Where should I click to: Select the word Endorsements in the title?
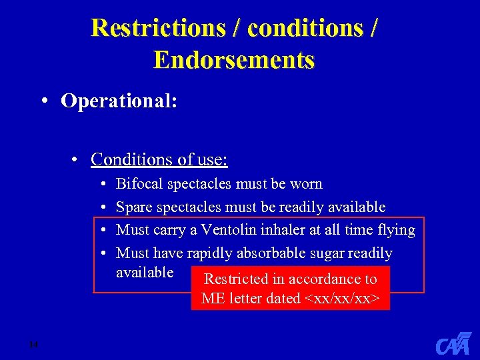coord(234,60)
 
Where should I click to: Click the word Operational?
coord(119,101)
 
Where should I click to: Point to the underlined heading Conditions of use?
coord(159,159)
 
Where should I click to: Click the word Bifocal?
coord(140,183)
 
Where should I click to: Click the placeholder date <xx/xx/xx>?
coord(347,298)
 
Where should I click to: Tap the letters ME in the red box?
coord(214,298)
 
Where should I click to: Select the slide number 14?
coord(34,344)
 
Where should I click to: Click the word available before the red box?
coord(145,272)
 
